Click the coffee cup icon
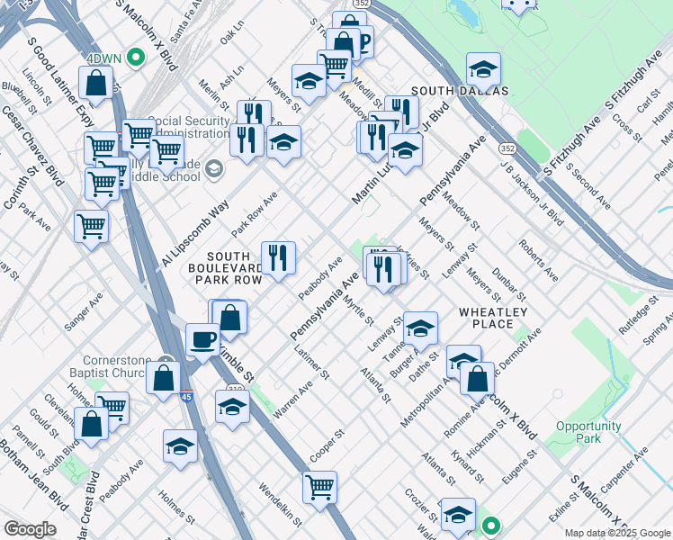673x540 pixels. pyautogui.click(x=202, y=338)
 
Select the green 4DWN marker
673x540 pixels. pyautogui.click(x=136, y=59)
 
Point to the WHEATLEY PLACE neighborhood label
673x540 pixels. pyautogui.click(x=486, y=317)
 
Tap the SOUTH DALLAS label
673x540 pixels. pyautogui.click(x=460, y=91)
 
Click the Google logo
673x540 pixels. pyautogui.click(x=30, y=528)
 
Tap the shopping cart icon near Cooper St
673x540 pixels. pyautogui.click(x=319, y=487)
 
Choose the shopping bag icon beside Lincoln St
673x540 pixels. pyautogui.click(x=95, y=83)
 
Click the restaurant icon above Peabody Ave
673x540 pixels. pyautogui.click(x=278, y=257)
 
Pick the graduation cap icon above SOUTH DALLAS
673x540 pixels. pyautogui.click(x=483, y=68)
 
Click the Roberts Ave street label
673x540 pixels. pyautogui.click(x=538, y=259)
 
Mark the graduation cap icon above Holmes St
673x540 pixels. pyautogui.click(x=180, y=445)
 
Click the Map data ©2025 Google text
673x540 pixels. pyautogui.click(x=616, y=533)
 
